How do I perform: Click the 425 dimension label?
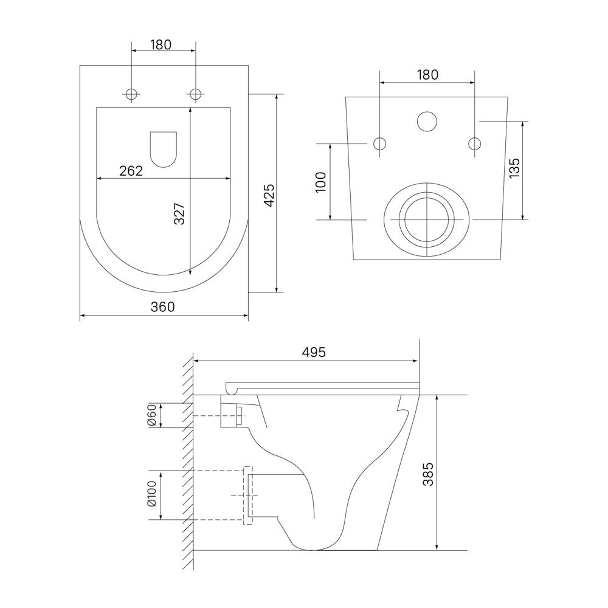click(x=269, y=195)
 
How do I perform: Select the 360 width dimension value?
click(x=163, y=306)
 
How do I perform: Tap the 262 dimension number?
click(x=131, y=171)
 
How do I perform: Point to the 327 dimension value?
click(x=179, y=213)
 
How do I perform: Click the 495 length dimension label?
click(x=314, y=352)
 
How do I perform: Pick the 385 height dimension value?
click(x=428, y=474)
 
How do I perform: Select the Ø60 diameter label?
click(x=151, y=415)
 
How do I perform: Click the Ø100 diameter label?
click(x=151, y=494)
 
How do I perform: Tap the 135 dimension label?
click(x=514, y=168)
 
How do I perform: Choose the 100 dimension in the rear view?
click(x=321, y=181)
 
